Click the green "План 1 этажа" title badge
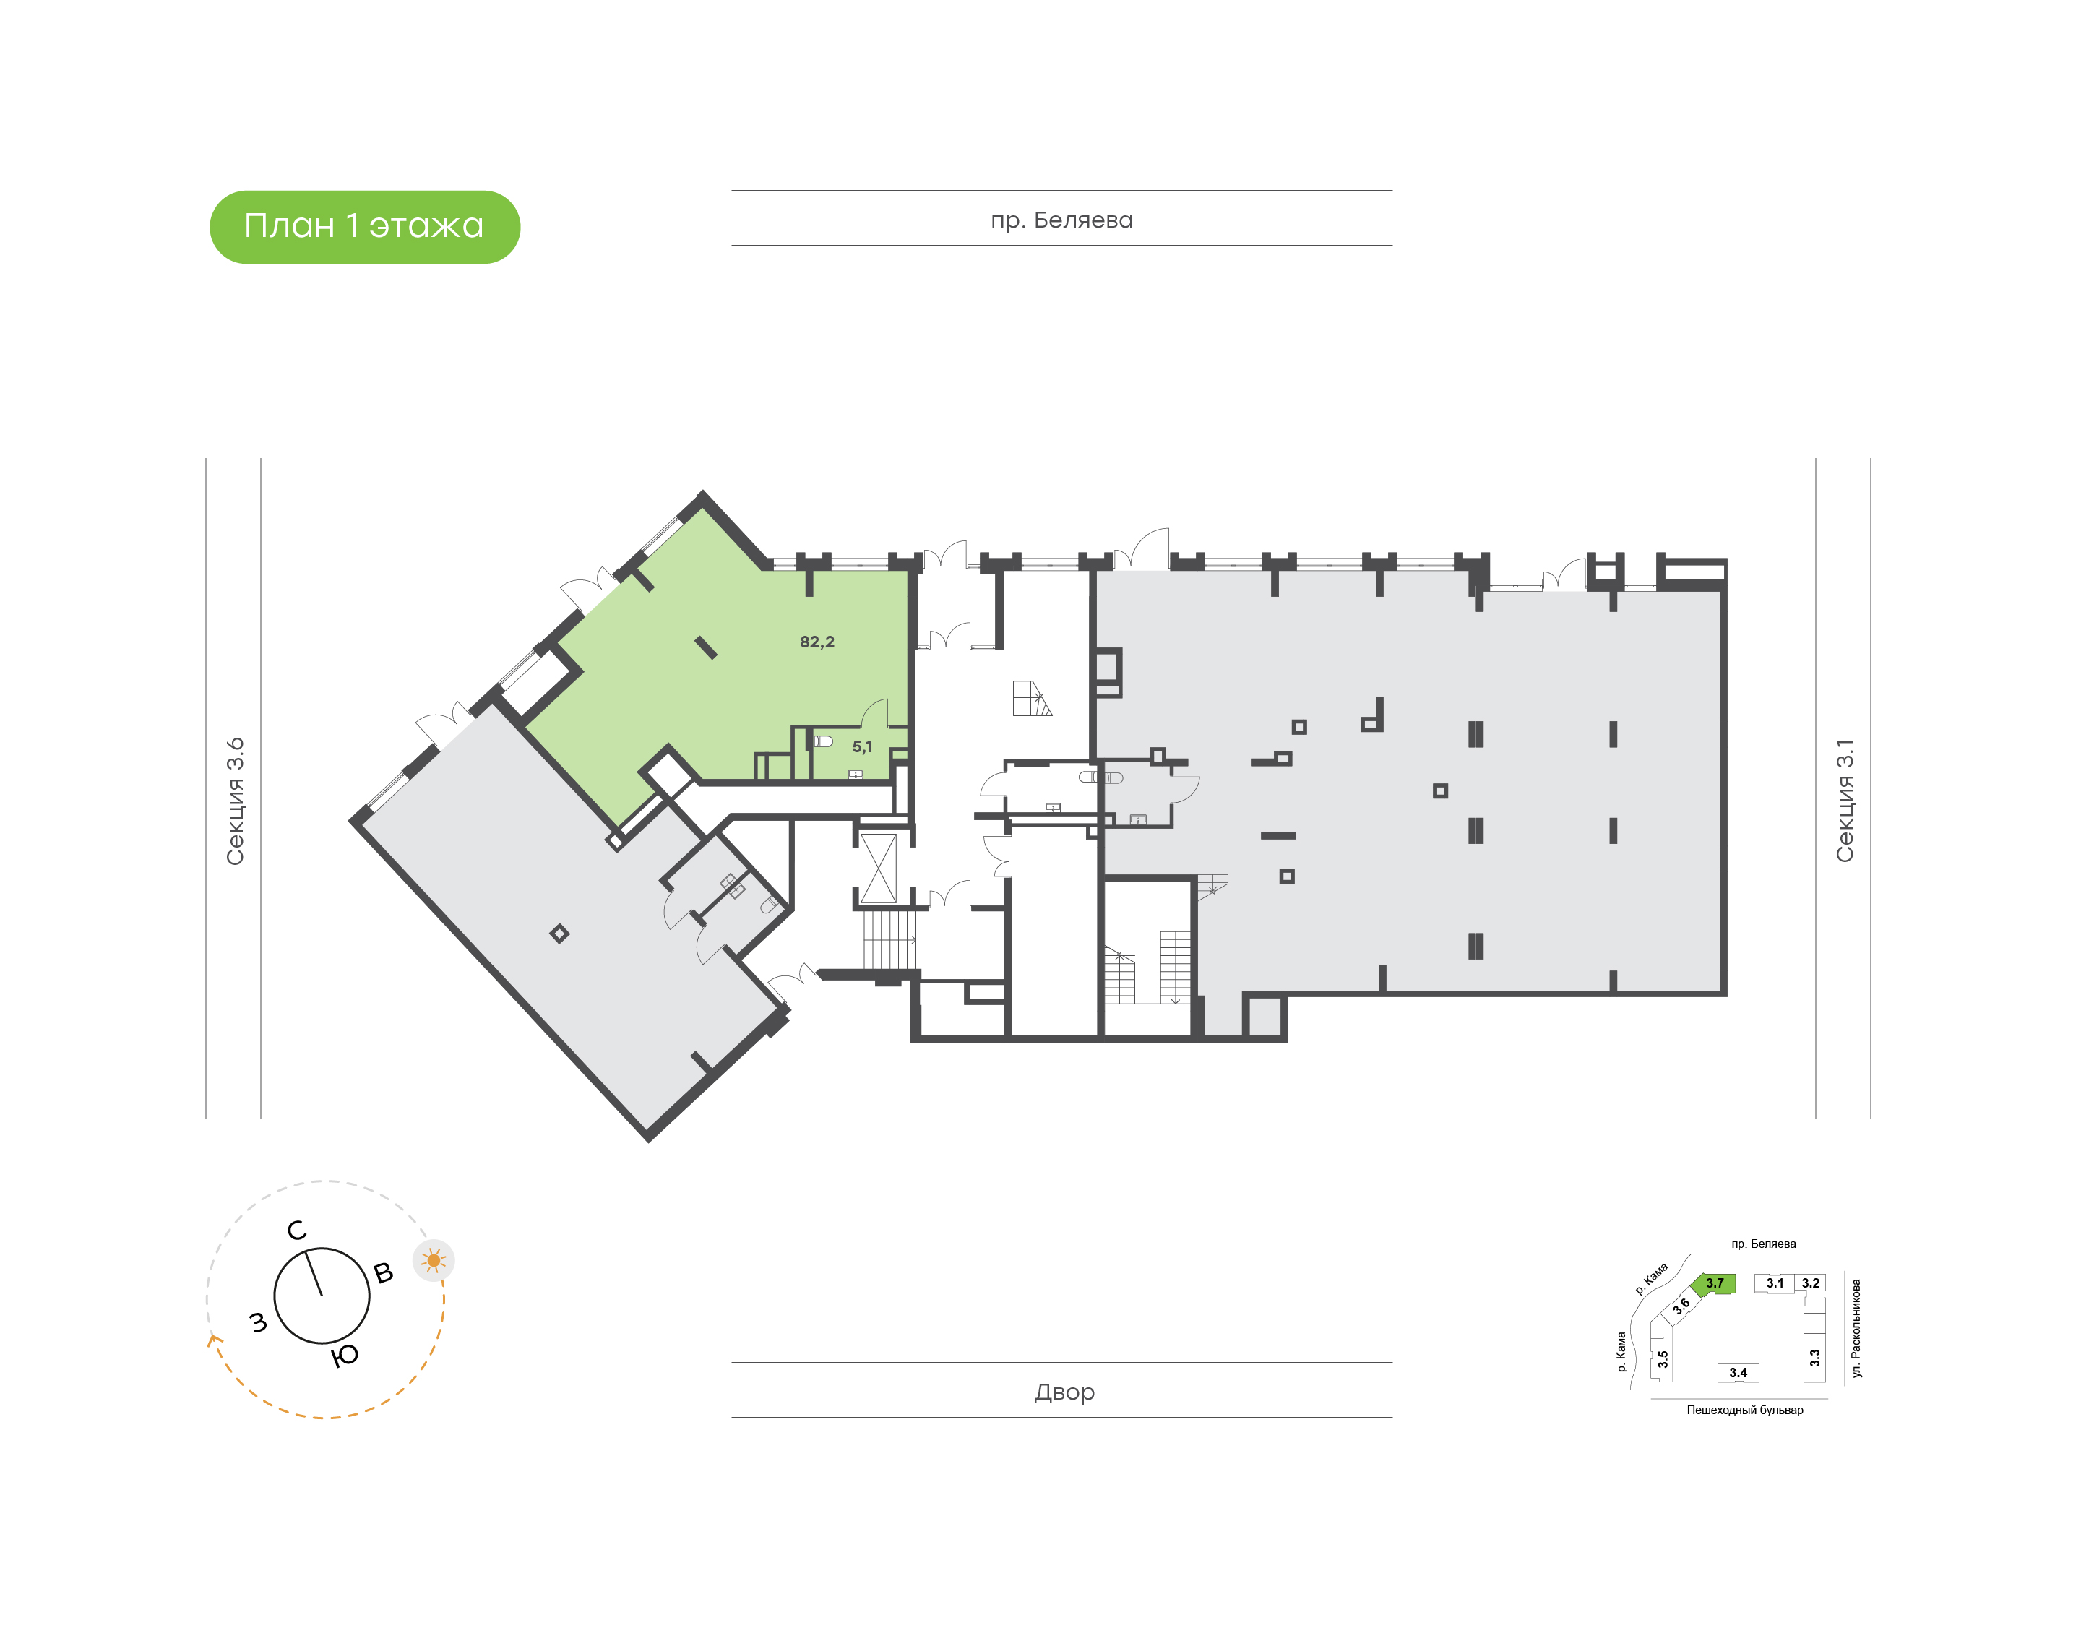[x=364, y=227]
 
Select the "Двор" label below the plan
[x=1064, y=1392]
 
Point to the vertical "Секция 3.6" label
[x=235, y=801]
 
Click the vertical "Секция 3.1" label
[x=1844, y=801]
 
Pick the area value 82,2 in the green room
[x=817, y=642]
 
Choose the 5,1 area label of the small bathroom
[x=861, y=746]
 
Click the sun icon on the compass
[x=434, y=1261]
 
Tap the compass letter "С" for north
[x=297, y=1231]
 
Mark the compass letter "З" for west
[x=258, y=1322]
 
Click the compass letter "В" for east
[x=383, y=1272]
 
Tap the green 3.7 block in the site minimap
[x=1715, y=1283]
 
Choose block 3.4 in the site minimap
[x=1738, y=1373]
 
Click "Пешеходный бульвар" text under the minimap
[x=1744, y=1409]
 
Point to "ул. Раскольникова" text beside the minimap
[x=1856, y=1328]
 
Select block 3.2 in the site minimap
[x=1811, y=1283]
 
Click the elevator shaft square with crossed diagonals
[x=879, y=868]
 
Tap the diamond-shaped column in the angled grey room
[x=560, y=934]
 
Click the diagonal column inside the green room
[x=705, y=648]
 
